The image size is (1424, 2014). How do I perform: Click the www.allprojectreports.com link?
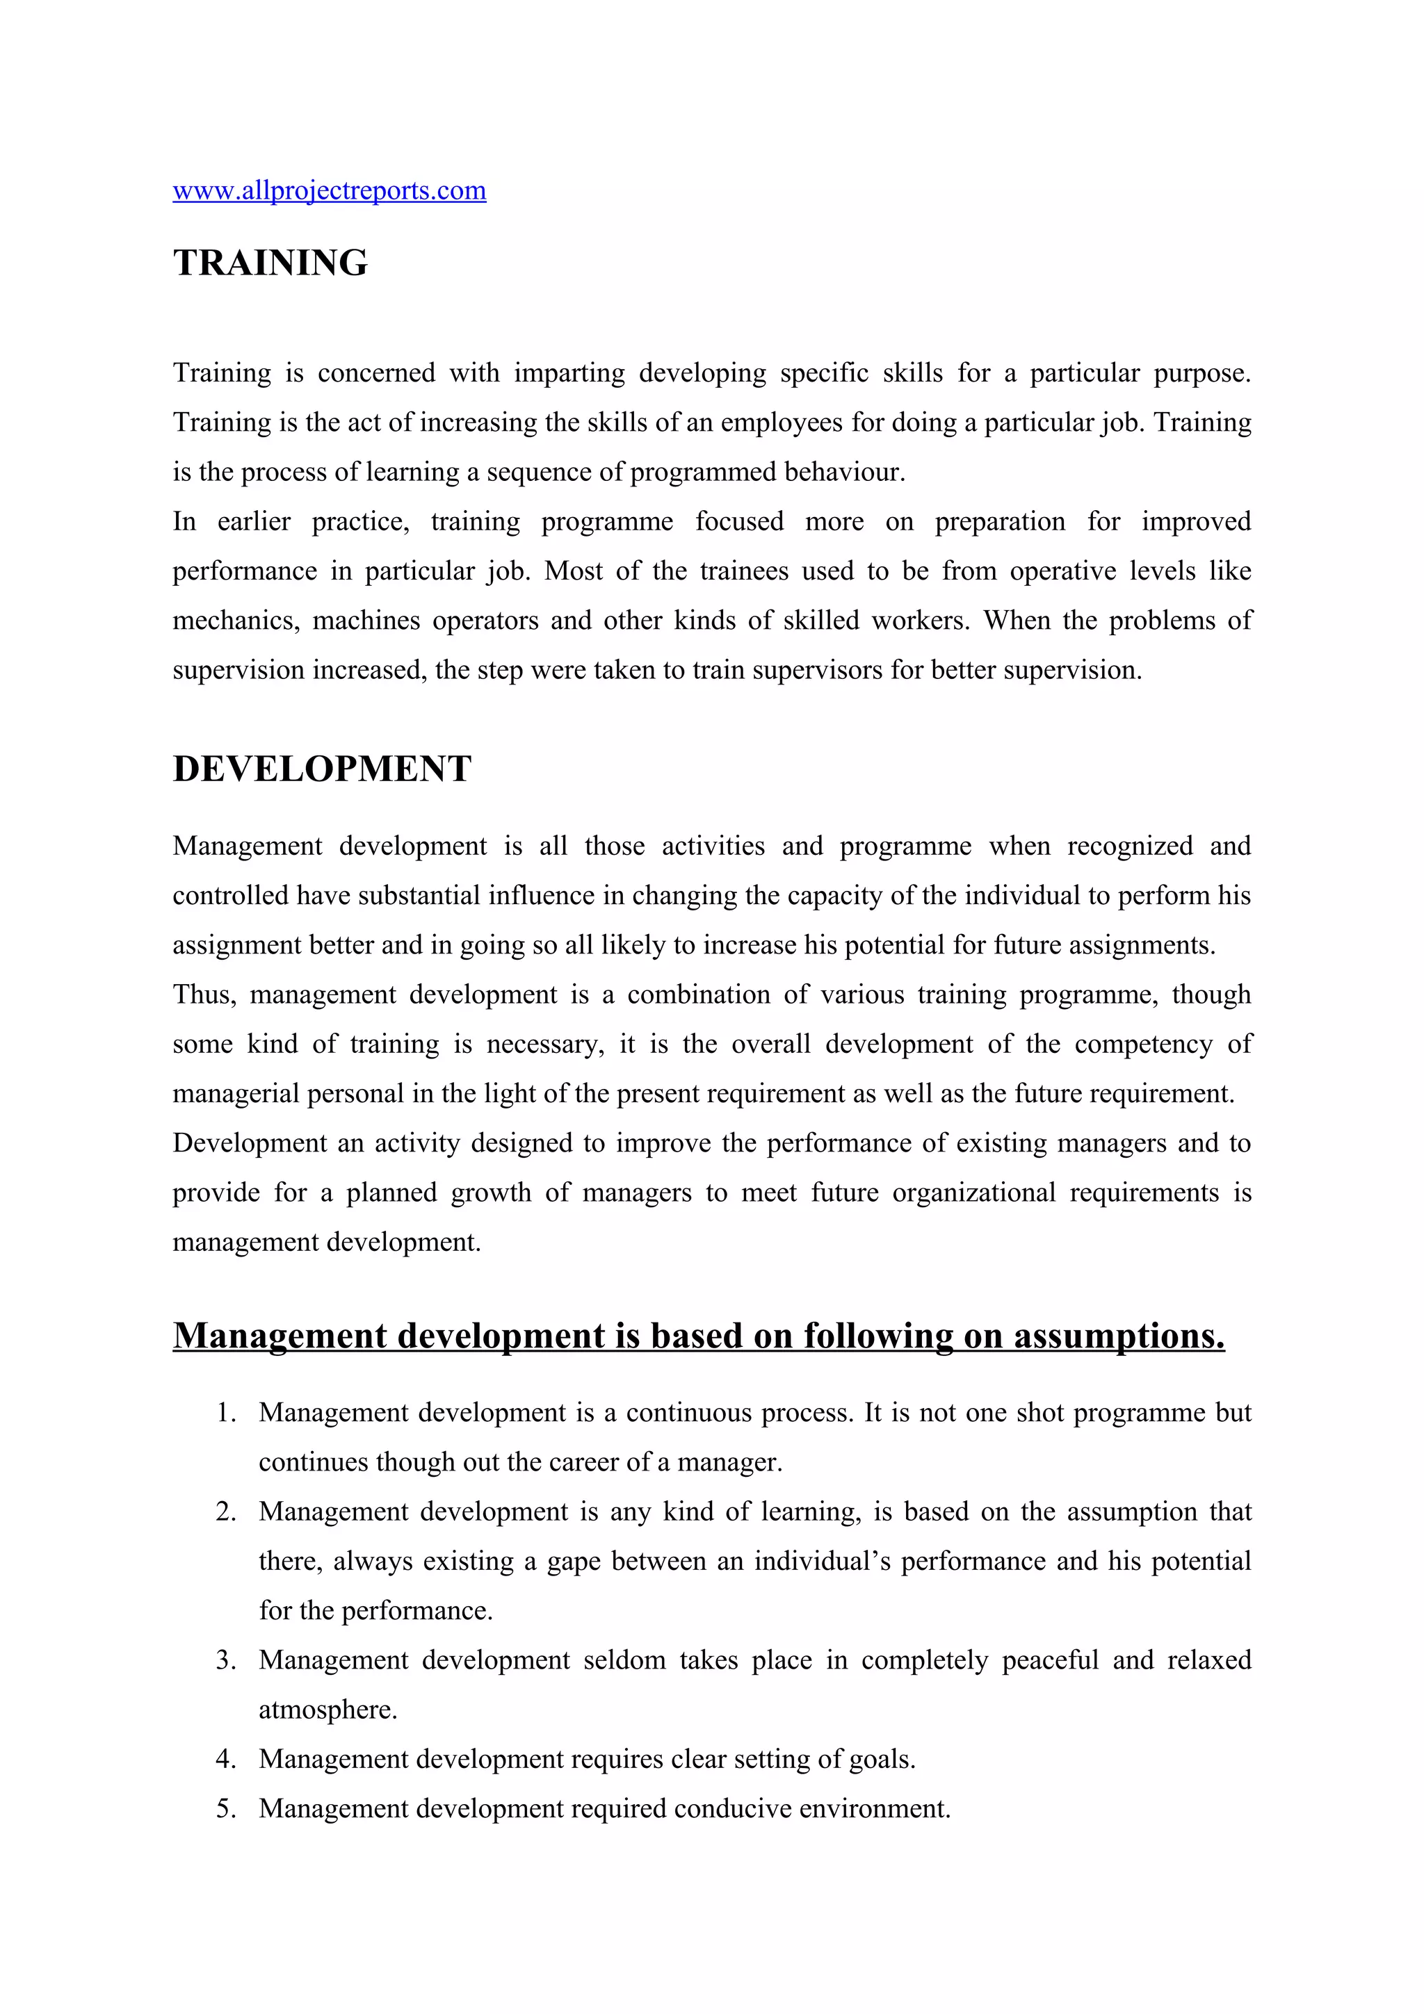(329, 190)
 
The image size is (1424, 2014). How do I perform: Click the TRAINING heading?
(270, 263)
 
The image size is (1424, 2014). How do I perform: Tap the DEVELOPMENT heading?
(322, 769)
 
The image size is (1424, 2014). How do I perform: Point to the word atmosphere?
(327, 1710)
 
